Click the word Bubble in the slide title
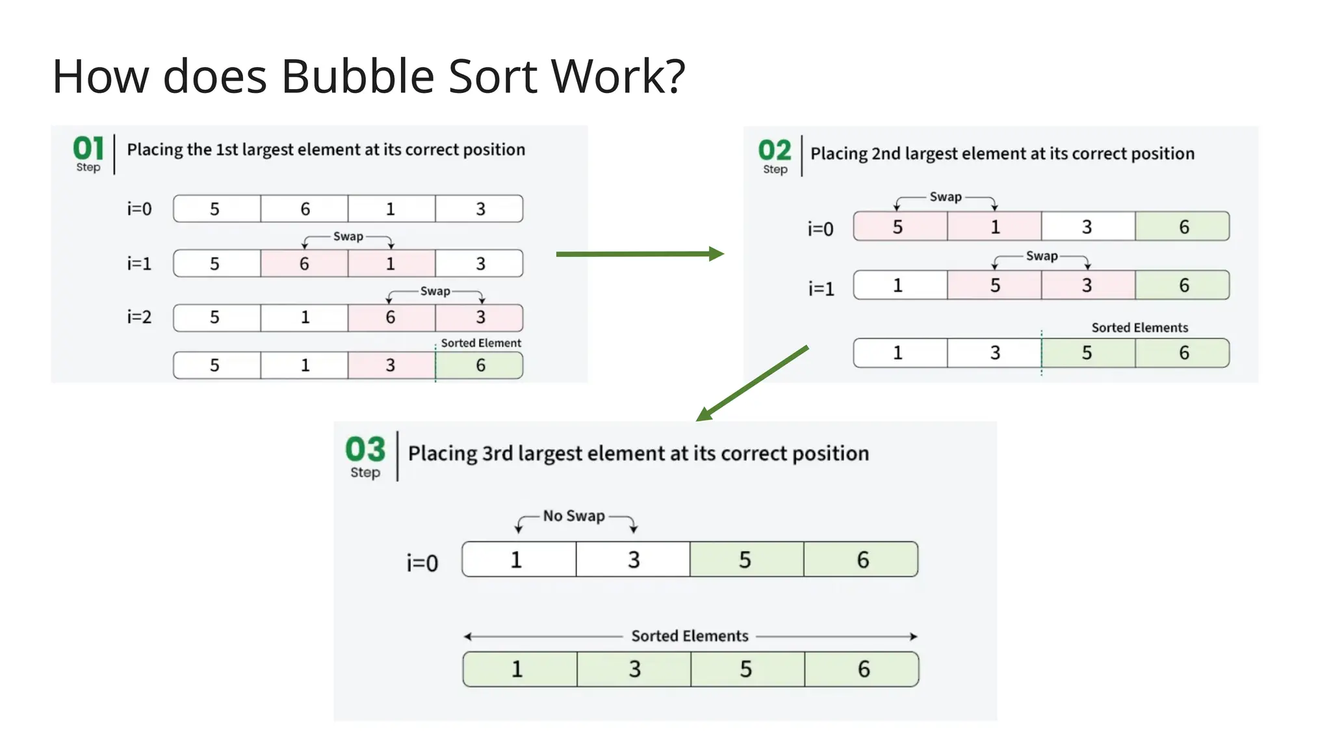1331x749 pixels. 357,77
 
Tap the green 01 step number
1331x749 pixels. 88,148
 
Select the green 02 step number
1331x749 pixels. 775,151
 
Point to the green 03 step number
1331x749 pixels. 365,449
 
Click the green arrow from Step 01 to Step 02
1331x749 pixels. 640,254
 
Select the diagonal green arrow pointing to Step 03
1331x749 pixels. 753,384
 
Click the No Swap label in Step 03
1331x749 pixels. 574,516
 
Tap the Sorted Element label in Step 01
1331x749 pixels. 481,343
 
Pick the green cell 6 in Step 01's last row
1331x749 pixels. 480,365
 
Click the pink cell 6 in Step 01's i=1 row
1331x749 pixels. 304,263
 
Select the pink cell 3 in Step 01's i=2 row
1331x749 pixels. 480,317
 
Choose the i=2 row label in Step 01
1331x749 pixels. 139,317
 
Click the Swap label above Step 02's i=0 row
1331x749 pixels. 945,196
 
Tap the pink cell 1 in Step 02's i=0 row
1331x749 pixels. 994,227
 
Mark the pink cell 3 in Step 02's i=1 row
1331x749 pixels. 1087,285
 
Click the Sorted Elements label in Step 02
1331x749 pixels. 1139,328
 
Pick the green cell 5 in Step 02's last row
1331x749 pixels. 1087,353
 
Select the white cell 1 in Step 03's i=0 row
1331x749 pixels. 517,560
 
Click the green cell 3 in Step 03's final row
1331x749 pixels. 634,669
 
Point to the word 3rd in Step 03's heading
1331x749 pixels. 498,453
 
